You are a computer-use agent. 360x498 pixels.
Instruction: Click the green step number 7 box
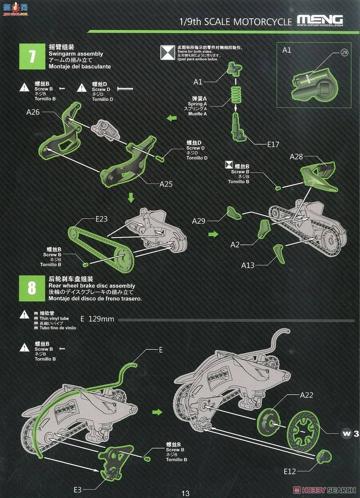pyautogui.click(x=32, y=57)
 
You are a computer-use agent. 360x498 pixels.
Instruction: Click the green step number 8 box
pyautogui.click(x=32, y=289)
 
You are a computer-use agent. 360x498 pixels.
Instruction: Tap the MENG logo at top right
pyautogui.click(x=320, y=20)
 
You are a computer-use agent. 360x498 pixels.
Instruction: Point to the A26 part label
pyautogui.click(x=33, y=112)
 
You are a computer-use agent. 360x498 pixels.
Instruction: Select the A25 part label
pyautogui.click(x=166, y=184)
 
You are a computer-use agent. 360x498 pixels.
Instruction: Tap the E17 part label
pyautogui.click(x=273, y=145)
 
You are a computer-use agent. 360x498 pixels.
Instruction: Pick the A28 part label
pyautogui.click(x=297, y=156)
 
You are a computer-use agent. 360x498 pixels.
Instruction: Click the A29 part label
pyautogui.click(x=199, y=221)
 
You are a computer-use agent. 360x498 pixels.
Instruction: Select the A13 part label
pyautogui.click(x=248, y=265)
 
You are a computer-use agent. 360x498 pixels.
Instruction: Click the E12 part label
pyautogui.click(x=290, y=471)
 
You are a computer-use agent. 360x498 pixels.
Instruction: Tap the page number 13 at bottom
pyautogui.click(x=185, y=493)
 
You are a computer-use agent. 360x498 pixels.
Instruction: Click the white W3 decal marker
pyautogui.click(x=350, y=434)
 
